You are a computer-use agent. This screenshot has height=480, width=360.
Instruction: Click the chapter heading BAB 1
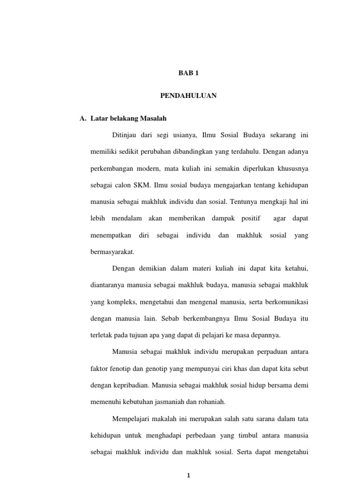[x=189, y=73]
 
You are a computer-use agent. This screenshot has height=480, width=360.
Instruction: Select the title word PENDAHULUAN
[x=188, y=96]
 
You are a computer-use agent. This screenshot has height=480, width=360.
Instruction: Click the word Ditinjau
[x=124, y=135]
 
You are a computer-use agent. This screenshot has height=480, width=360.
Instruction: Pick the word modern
[x=153, y=168]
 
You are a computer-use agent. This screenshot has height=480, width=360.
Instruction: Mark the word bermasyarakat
[x=112, y=252]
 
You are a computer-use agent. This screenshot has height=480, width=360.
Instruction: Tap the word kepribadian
[x=134, y=385]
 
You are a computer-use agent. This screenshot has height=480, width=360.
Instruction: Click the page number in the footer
[x=188, y=475]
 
